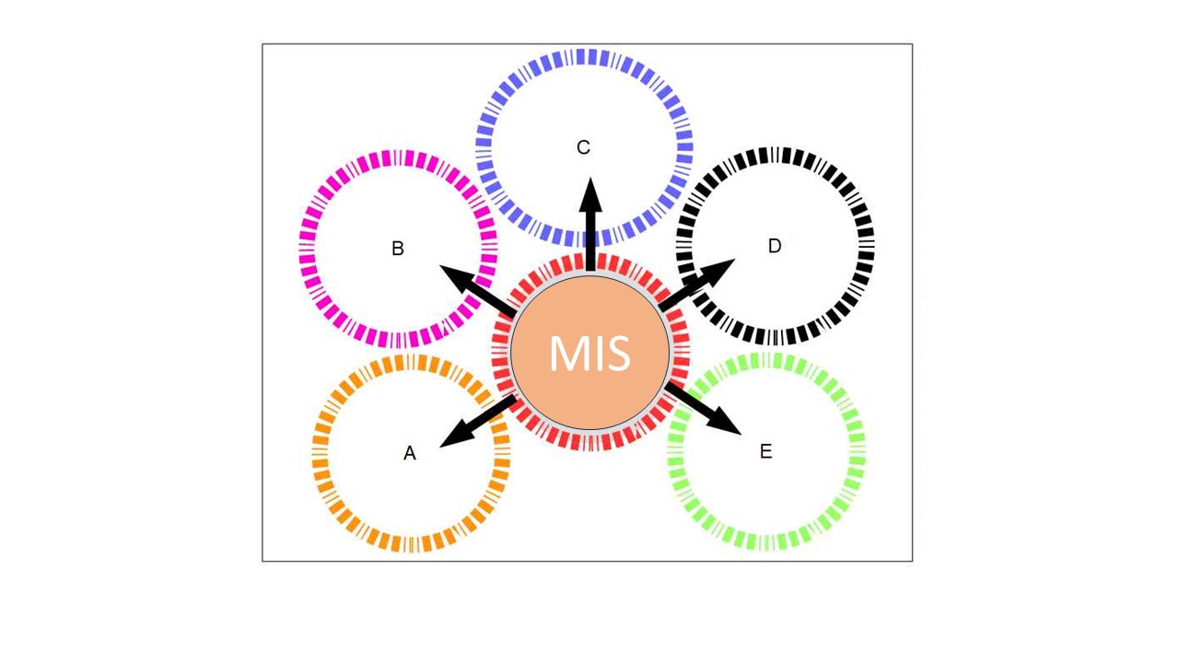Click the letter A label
(410, 453)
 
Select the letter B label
(398, 249)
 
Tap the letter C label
(583, 147)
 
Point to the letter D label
(775, 246)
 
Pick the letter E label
(765, 451)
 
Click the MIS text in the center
(589, 354)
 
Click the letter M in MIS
(565, 354)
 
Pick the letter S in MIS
(616, 354)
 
